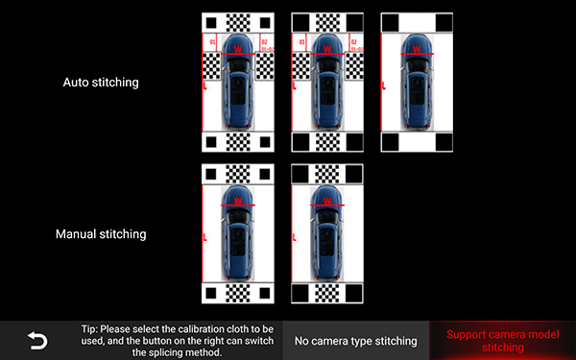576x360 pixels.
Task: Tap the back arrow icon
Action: tap(36, 340)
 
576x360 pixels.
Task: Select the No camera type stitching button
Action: tap(355, 341)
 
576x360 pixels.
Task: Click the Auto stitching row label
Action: tap(101, 83)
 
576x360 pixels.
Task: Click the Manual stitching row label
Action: tap(101, 233)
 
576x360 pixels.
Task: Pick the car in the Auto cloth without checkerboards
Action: tap(415, 84)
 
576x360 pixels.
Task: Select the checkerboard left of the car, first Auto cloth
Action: tap(211, 65)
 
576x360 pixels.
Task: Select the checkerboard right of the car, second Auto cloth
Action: tap(354, 65)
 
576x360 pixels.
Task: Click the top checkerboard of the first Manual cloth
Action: tap(238, 173)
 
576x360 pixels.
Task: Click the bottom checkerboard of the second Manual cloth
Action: tap(326, 293)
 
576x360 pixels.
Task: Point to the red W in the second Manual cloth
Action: tap(326, 201)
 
